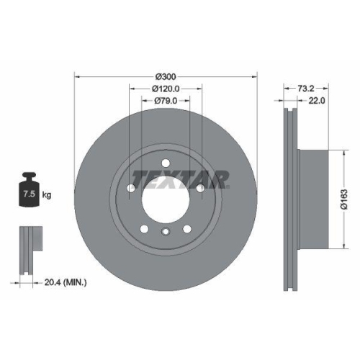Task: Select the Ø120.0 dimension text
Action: click(x=166, y=89)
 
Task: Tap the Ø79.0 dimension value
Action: click(x=166, y=102)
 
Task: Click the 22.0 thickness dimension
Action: click(x=317, y=102)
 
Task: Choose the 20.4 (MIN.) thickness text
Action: click(x=66, y=283)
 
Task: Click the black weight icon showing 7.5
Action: click(x=30, y=191)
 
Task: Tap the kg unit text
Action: click(x=47, y=195)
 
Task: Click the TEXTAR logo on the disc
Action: click(x=179, y=178)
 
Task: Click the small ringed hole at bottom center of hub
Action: click(x=166, y=231)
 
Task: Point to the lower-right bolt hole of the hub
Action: click(x=186, y=228)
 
